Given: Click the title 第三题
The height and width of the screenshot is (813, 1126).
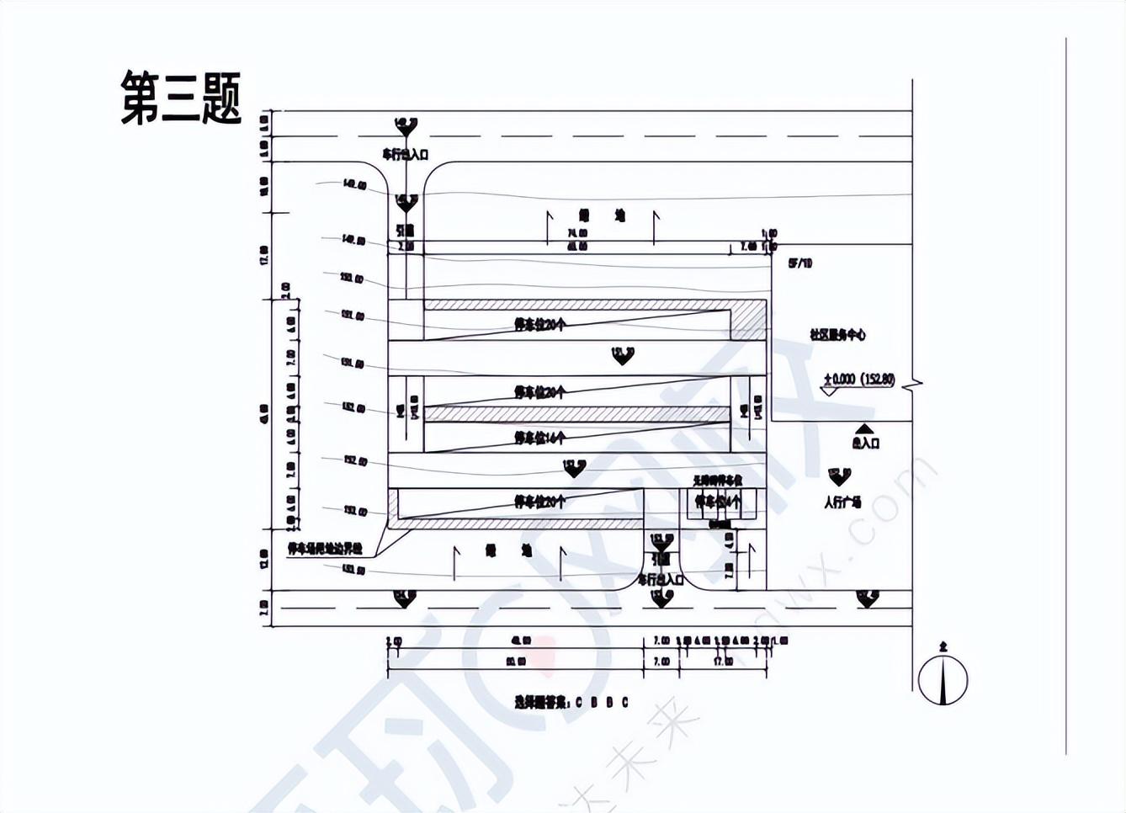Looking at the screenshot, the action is (181, 98).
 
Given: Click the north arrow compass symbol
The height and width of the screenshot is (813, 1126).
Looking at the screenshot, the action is (943, 677).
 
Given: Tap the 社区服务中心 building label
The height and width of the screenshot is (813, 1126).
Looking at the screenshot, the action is (837, 334).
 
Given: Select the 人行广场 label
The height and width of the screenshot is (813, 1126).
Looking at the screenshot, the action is (842, 502).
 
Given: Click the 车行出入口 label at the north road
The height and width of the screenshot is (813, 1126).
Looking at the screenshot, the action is (406, 154).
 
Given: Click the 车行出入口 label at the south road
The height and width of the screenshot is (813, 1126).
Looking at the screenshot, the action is (661, 579).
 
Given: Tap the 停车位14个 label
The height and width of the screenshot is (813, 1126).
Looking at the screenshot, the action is (540, 438).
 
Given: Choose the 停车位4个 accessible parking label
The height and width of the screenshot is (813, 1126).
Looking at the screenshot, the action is (718, 502).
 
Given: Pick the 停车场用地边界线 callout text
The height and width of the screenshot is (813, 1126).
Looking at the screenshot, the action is (325, 548).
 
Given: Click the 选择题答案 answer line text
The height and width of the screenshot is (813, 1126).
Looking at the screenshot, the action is (571, 702).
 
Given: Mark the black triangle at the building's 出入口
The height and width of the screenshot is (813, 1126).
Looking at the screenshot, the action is (864, 429).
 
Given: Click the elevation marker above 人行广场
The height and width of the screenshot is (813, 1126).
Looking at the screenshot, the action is (839, 476).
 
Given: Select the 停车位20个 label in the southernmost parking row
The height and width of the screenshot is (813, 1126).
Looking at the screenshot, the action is (540, 502).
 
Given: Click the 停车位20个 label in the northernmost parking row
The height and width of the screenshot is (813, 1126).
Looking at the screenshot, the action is (540, 325).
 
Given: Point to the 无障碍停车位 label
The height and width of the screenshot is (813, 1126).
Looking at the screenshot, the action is (717, 480).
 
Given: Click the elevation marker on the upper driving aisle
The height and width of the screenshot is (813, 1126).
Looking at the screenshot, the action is (622, 355).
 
